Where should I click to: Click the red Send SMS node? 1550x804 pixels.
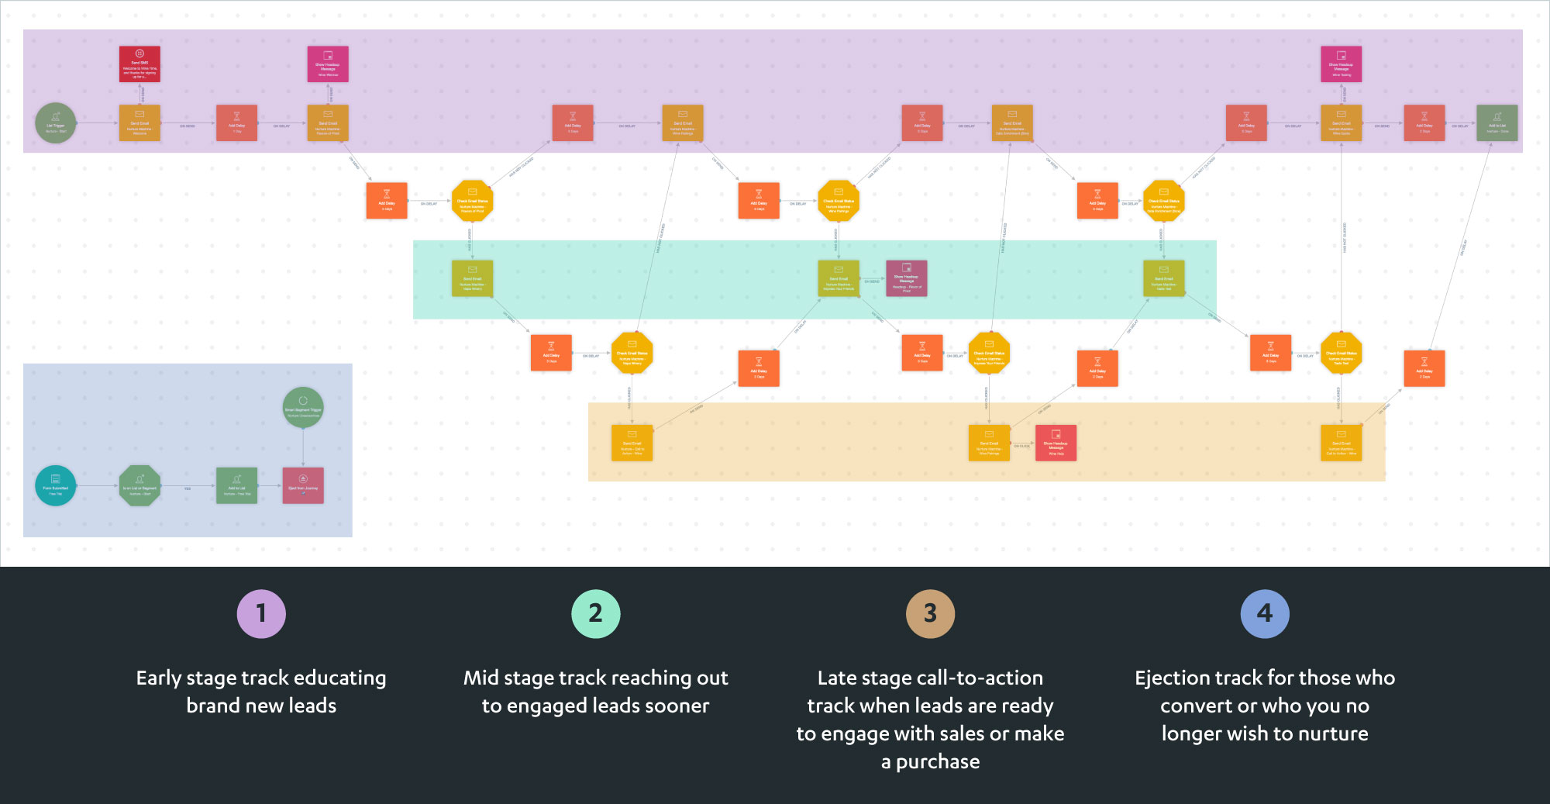pos(139,64)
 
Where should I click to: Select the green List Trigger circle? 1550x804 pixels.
pos(56,123)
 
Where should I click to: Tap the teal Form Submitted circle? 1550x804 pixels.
pos(56,485)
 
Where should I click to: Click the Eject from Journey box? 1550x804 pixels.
pos(303,485)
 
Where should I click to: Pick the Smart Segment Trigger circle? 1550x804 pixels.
pos(303,407)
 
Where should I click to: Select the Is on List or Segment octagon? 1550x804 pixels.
pos(139,485)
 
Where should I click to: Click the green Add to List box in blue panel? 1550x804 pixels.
pos(236,485)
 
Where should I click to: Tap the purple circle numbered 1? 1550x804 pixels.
pos(261,613)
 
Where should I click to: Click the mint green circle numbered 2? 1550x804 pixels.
pos(595,613)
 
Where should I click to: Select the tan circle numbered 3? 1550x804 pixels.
pos(930,613)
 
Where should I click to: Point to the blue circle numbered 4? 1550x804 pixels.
pos(1264,613)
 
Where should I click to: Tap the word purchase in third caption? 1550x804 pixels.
pos(938,762)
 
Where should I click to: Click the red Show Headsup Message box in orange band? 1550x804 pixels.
pos(1056,443)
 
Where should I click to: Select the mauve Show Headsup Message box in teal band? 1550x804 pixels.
pos(906,278)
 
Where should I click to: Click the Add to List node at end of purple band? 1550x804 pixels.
pos(1497,123)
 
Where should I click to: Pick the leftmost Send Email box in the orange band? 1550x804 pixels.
pos(632,443)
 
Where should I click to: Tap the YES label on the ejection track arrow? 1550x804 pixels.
pos(188,488)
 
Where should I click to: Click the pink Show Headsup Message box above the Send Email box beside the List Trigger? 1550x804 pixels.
pos(328,64)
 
